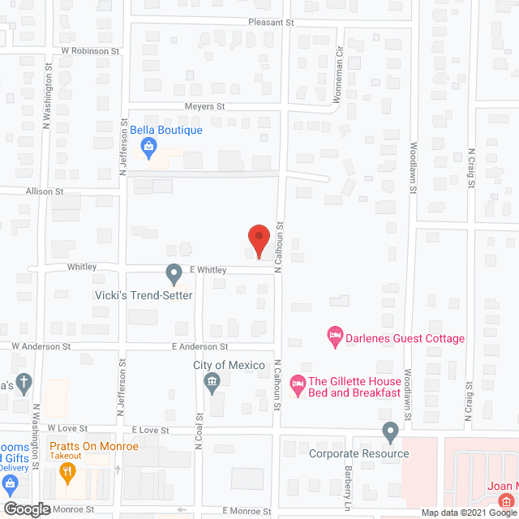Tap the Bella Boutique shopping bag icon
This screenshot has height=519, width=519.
pyautogui.click(x=148, y=146)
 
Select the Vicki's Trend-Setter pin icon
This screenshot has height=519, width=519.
pyautogui.click(x=173, y=273)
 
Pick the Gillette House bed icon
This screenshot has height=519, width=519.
pyautogui.click(x=298, y=383)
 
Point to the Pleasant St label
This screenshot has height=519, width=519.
pyautogui.click(x=271, y=23)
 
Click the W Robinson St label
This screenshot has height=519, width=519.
pyautogui.click(x=90, y=50)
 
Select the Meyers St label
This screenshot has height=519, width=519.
pyautogui.click(x=203, y=106)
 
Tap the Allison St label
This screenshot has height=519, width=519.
pyautogui.click(x=44, y=191)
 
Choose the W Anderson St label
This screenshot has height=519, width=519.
pyautogui.click(x=41, y=346)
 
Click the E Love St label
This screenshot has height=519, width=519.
pyautogui.click(x=148, y=431)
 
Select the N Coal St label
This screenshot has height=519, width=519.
pyautogui.click(x=197, y=463)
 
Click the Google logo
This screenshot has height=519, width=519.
pyautogui.click(x=26, y=509)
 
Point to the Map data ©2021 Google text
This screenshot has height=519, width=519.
pyautogui.click(x=467, y=513)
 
